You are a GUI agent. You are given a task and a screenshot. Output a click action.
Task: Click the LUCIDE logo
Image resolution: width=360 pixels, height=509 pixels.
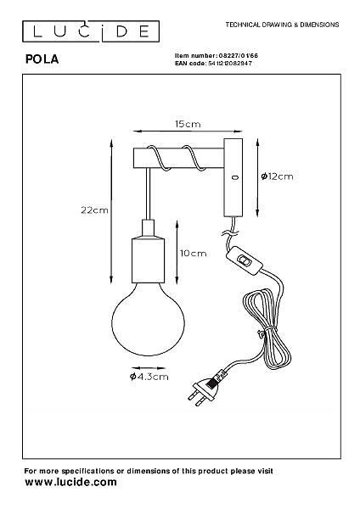(x=91, y=31)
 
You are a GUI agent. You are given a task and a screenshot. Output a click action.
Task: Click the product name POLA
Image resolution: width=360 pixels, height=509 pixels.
(x=42, y=59)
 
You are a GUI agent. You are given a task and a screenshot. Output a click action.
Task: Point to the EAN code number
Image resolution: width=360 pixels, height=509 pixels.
(x=229, y=64)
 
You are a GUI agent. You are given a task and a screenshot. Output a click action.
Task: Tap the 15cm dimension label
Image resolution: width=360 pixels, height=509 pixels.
(x=188, y=124)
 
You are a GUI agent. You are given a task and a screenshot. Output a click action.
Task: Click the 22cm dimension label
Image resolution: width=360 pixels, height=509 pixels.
(x=94, y=210)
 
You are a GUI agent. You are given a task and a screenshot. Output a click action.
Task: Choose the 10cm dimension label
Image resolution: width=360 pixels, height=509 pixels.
(x=194, y=253)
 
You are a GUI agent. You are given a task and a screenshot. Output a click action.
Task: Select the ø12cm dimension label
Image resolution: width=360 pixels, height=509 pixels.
(x=277, y=176)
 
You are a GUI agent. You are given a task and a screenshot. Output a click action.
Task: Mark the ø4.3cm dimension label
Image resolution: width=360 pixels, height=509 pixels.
(x=149, y=377)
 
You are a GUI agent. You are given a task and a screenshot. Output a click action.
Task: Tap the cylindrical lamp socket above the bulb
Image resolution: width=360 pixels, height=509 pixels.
(x=148, y=260)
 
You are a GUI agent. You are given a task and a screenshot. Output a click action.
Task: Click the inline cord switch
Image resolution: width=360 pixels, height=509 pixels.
(x=244, y=260)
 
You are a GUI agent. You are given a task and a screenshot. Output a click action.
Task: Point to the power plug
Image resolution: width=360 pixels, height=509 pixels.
(x=205, y=390)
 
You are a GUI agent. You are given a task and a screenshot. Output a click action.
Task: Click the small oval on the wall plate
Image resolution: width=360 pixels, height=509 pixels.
(x=236, y=177)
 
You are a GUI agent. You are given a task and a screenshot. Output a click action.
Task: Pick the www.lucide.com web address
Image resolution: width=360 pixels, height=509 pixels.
(x=70, y=482)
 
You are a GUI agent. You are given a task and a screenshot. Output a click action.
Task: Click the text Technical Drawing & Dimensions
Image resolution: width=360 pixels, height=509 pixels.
(x=283, y=25)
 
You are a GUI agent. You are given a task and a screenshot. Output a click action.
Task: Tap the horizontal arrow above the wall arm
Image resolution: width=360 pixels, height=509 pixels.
(x=188, y=131)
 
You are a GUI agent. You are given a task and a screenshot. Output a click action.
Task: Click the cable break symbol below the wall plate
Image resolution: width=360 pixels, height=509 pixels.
(x=230, y=232)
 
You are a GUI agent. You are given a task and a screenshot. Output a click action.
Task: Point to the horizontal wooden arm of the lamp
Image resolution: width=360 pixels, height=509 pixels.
(x=178, y=158)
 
